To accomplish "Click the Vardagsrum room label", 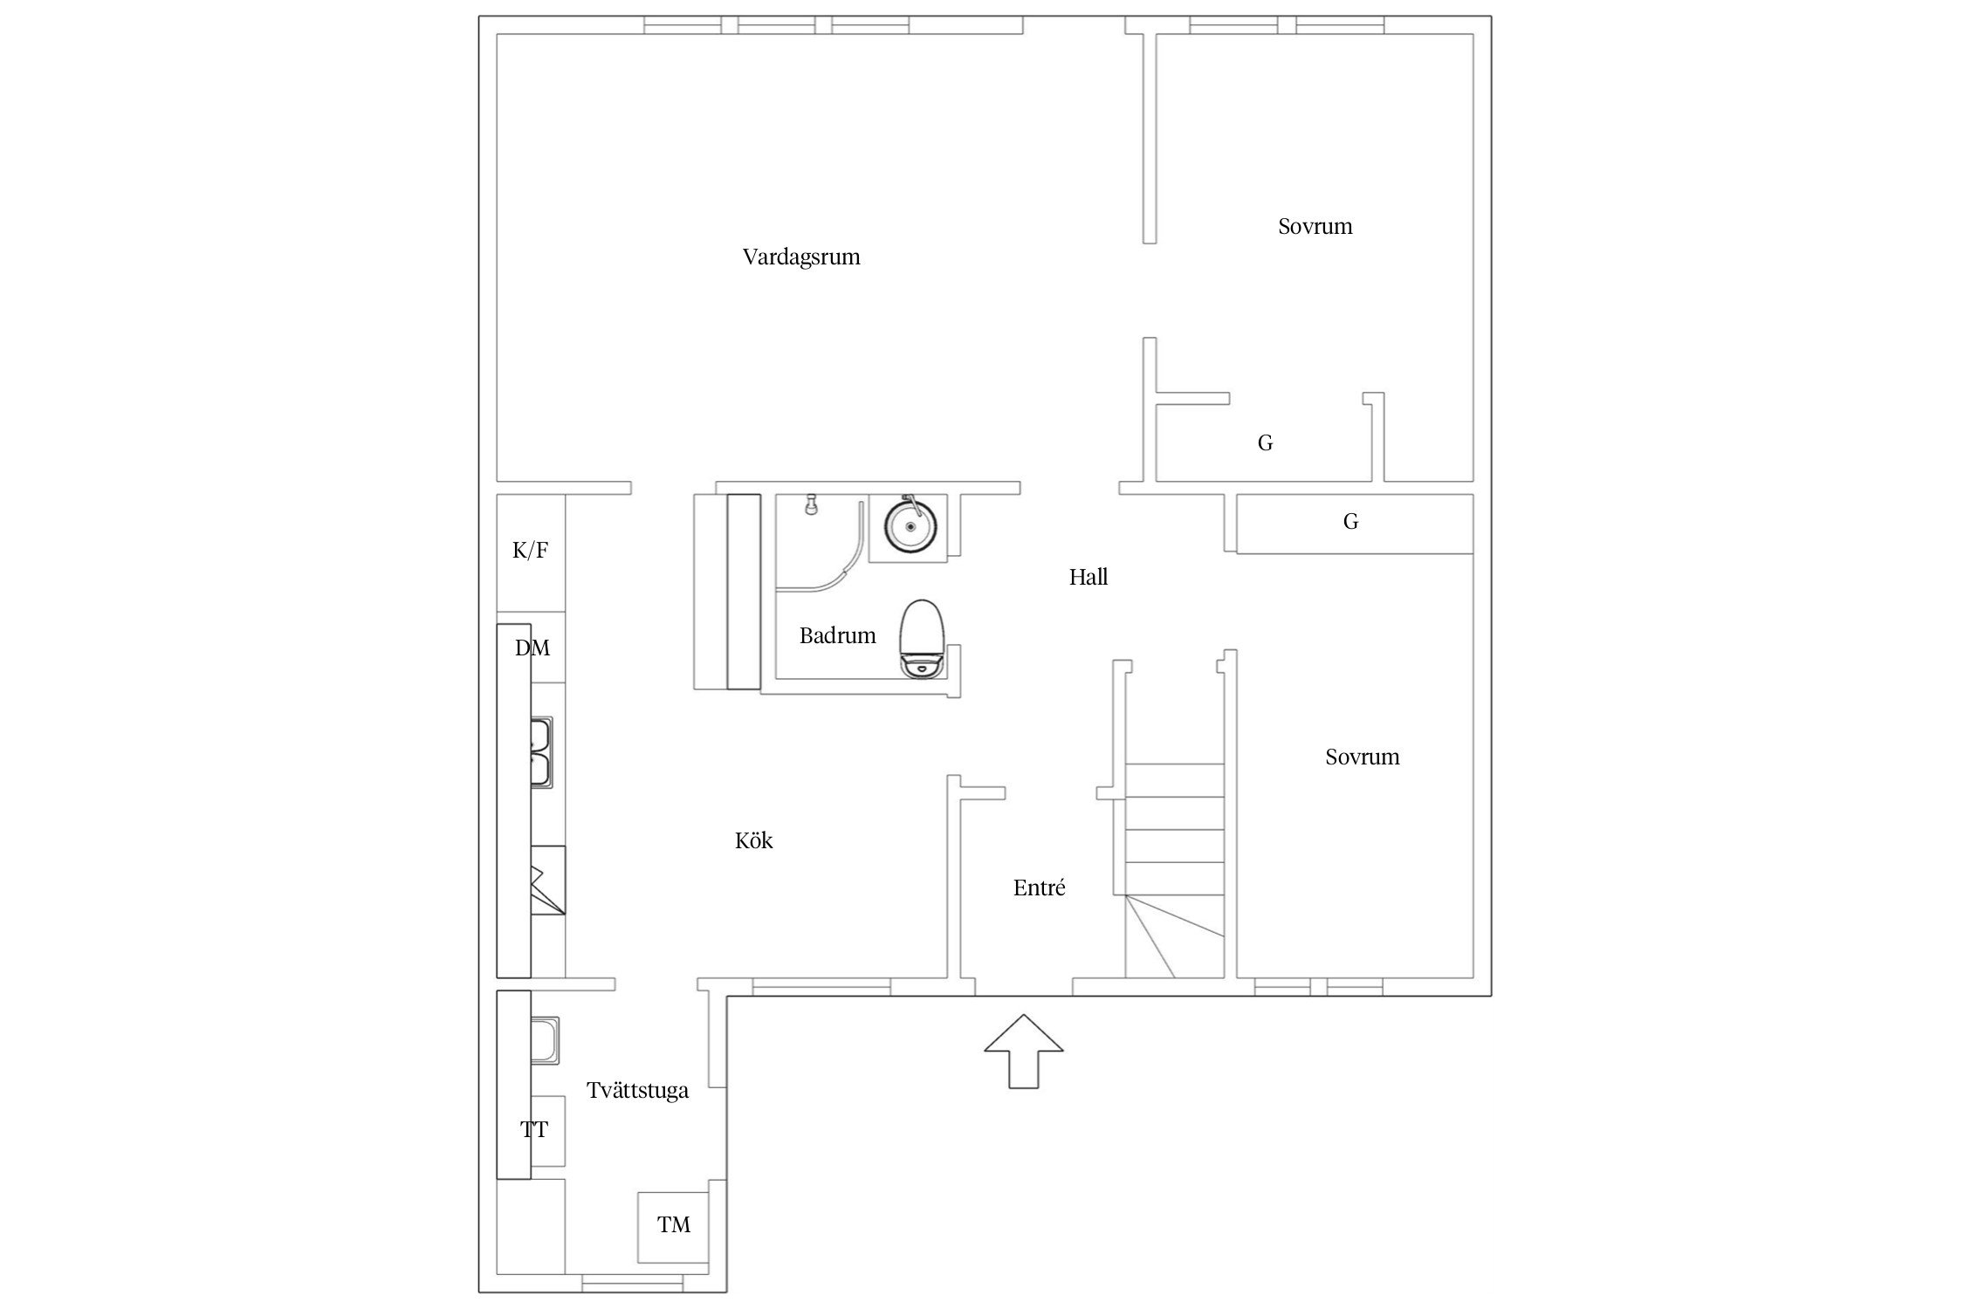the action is (801, 257).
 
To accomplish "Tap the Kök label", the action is (754, 840).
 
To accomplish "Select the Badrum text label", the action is (838, 635).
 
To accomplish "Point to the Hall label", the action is (1088, 577).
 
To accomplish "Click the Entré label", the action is (1040, 888).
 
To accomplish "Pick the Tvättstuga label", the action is (638, 1091).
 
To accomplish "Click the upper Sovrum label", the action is (1315, 227).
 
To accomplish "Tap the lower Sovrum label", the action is (1363, 757).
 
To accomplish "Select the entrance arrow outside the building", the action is (1024, 1051).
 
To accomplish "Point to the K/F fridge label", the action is (531, 550).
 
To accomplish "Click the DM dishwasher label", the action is (532, 648).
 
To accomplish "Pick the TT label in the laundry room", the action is (534, 1129).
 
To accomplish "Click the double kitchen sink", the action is (541, 752).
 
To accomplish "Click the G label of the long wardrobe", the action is (1350, 522).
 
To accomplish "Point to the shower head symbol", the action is (812, 504).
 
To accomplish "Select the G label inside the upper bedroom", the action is (1265, 443).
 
